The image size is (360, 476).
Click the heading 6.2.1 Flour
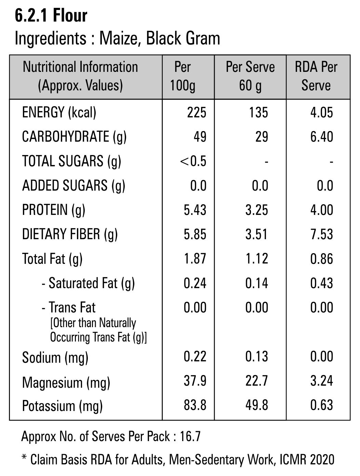pos(51,16)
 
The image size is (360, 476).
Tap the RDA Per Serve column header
pos(316,76)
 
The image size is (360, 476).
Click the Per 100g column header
pos(183,76)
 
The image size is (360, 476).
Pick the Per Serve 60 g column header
pos(250,76)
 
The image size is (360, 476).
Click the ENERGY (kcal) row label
pos(59,112)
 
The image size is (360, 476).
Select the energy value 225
pos(197,112)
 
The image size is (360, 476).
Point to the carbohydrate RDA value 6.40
pos(321,137)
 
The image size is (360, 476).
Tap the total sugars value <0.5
pos(193,161)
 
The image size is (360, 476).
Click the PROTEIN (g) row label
pos(54,210)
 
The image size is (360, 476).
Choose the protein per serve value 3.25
pos(256,210)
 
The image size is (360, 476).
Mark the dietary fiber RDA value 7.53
pos(321,234)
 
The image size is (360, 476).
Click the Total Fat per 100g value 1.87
pos(195,258)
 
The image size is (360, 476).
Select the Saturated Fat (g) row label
pos(88,283)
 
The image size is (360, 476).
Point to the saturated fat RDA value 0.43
pos(321,283)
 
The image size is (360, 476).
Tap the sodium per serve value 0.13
pos(256,356)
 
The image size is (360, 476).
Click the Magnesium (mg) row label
pos(66,382)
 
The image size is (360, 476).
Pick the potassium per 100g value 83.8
pos(195,405)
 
